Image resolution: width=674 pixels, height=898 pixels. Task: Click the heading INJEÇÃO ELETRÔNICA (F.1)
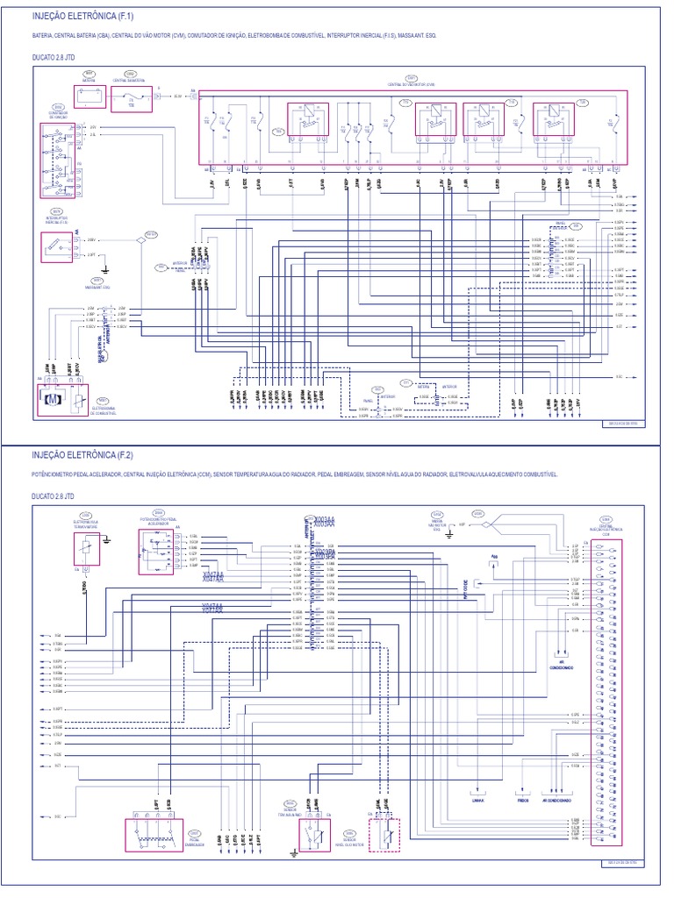click(x=83, y=16)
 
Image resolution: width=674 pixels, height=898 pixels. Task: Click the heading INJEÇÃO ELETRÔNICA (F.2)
click(x=83, y=456)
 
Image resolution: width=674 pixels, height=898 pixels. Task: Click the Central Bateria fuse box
click(x=131, y=98)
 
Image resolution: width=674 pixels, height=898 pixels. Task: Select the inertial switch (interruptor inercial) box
click(x=58, y=249)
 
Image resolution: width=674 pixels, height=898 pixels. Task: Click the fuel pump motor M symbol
click(x=53, y=401)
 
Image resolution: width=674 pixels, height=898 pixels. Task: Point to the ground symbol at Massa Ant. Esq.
click(x=104, y=267)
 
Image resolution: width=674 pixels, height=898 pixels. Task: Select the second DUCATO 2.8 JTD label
click(x=55, y=495)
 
